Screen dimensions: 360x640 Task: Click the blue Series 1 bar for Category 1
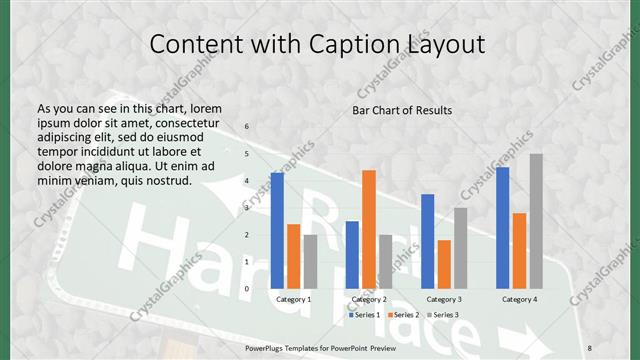point(277,230)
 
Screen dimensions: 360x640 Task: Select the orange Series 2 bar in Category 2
point(369,229)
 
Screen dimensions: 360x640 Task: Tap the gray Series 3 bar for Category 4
point(536,221)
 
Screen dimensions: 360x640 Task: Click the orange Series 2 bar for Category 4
point(519,250)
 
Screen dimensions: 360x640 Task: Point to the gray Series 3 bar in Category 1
point(310,261)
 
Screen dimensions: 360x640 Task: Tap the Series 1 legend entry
point(362,315)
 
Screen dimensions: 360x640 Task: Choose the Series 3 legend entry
point(443,315)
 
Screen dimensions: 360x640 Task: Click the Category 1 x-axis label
point(294,299)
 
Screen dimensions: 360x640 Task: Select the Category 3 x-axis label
point(444,299)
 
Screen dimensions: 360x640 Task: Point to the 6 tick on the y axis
point(247,127)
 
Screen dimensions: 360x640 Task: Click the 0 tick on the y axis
point(247,289)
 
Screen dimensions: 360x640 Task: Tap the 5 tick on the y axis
point(247,154)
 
